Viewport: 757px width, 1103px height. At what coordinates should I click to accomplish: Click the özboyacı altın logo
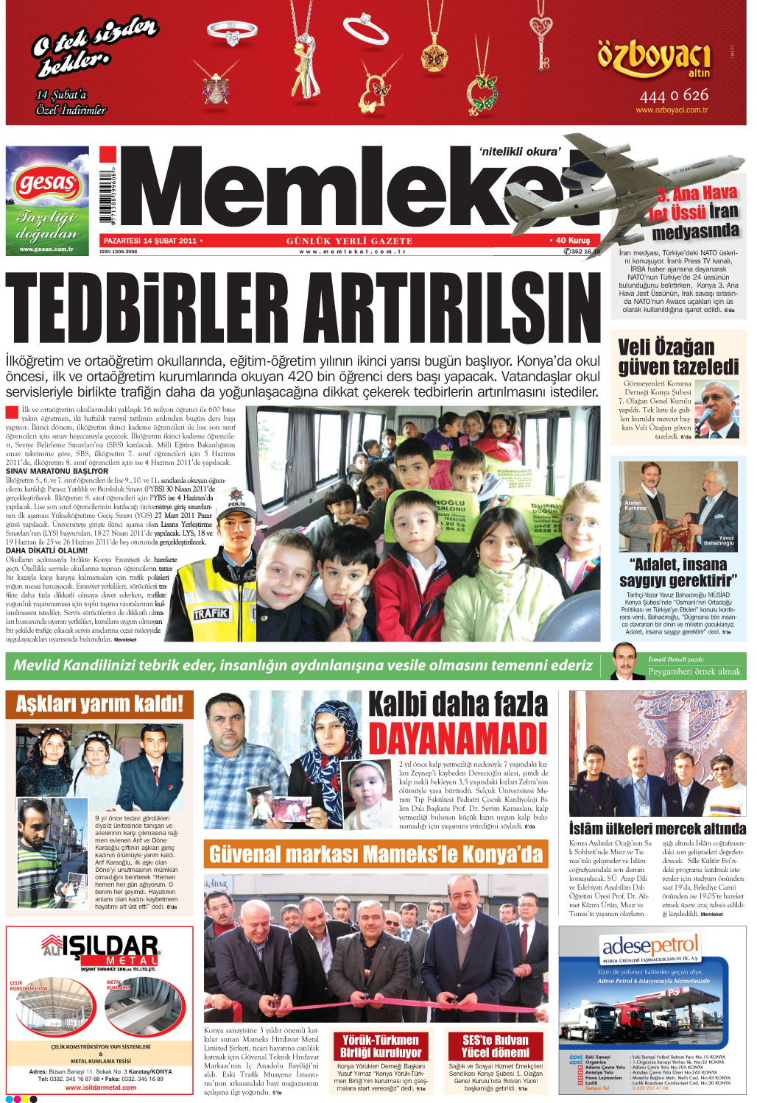point(654,60)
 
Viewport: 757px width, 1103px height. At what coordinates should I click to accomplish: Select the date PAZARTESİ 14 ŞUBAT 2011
point(150,241)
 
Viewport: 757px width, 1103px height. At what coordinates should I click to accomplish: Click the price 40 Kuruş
point(572,241)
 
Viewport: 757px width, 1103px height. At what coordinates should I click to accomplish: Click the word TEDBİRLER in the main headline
point(147,308)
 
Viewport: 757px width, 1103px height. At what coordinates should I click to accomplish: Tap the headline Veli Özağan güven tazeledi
point(677,357)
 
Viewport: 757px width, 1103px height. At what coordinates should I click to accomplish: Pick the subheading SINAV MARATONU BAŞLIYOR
point(57,471)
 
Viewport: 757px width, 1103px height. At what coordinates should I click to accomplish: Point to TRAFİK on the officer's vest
point(211,614)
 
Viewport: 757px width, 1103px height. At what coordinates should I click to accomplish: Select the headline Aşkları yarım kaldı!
point(99,704)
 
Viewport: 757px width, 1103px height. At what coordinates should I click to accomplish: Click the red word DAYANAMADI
point(458,738)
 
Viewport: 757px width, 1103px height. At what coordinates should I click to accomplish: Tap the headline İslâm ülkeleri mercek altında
point(657,829)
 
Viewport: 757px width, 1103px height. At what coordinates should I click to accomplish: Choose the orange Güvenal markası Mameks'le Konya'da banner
point(376,854)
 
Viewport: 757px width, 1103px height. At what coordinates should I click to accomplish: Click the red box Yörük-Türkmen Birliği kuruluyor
point(380,1046)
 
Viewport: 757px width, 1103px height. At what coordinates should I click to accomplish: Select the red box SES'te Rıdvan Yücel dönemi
point(495,1046)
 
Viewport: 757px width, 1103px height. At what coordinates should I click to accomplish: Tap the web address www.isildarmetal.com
point(100,1087)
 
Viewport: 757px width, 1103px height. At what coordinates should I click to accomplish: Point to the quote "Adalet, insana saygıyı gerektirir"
point(677,572)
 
